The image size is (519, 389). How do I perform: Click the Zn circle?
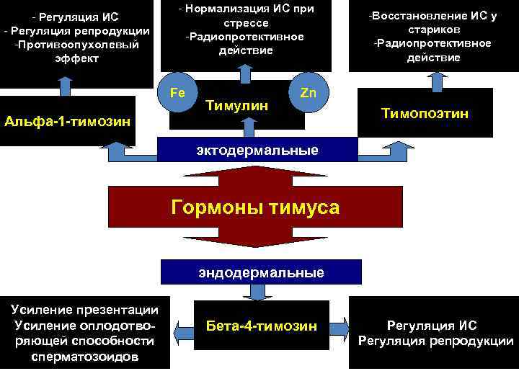pos(308,93)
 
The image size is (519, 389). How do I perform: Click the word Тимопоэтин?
pos(425,113)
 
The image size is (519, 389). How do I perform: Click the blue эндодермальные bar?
pos(261,272)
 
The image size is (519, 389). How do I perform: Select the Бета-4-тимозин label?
pos(261,326)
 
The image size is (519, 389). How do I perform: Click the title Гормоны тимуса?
pos(255,207)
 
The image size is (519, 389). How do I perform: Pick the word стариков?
pos(432,30)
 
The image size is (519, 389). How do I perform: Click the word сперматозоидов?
pos(85,357)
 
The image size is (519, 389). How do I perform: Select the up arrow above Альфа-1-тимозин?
pos(65,86)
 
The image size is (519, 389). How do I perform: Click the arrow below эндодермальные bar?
pos(257,292)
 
